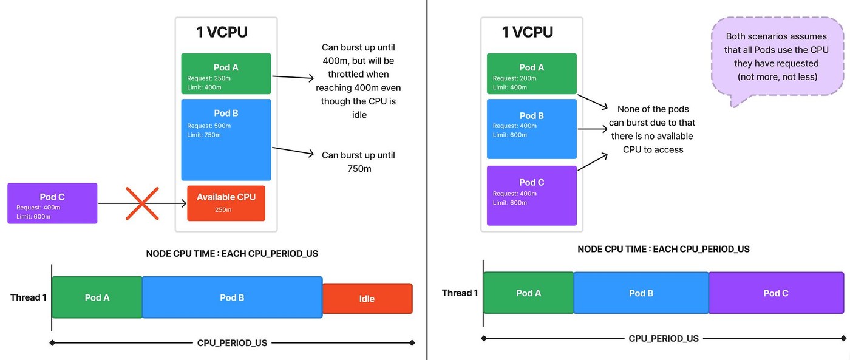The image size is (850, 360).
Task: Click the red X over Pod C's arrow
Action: click(x=142, y=203)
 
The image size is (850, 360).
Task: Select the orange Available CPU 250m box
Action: click(x=226, y=203)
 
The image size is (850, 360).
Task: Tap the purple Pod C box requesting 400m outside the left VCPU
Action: click(x=52, y=203)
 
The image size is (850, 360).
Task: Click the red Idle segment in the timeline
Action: click(x=367, y=299)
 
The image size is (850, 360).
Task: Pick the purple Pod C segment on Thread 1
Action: click(x=776, y=293)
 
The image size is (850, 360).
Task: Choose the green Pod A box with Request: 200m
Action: click(x=532, y=73)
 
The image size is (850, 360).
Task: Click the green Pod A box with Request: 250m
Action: click(x=226, y=73)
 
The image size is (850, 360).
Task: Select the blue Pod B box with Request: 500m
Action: click(x=226, y=140)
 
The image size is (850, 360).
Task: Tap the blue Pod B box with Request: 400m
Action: click(x=532, y=129)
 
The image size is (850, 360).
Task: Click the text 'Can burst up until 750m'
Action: click(x=359, y=162)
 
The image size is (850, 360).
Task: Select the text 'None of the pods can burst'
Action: click(x=652, y=116)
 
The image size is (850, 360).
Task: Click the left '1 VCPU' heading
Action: click(x=222, y=32)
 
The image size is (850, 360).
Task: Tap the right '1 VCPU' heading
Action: click(x=528, y=32)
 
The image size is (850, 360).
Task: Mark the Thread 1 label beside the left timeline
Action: click(x=29, y=297)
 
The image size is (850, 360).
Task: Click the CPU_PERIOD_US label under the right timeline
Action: click(x=664, y=338)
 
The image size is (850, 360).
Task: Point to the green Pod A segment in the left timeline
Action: click(x=97, y=297)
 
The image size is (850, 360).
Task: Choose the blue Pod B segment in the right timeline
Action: click(x=641, y=293)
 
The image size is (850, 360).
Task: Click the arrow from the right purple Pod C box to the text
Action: click(x=593, y=162)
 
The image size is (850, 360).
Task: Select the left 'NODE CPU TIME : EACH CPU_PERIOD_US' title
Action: click(x=232, y=253)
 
